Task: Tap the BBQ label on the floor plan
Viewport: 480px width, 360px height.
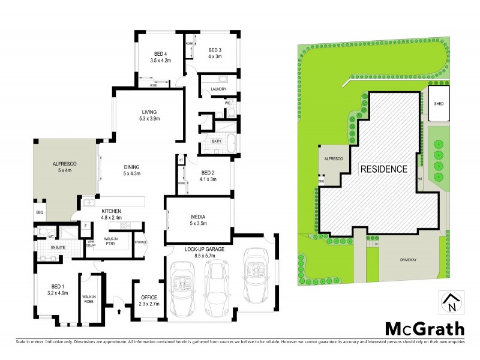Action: point(40,213)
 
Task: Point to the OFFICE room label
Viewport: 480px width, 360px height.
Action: point(148,297)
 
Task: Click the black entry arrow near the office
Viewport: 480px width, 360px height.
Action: point(119,311)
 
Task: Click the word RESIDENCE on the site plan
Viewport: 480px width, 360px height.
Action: point(384,169)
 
